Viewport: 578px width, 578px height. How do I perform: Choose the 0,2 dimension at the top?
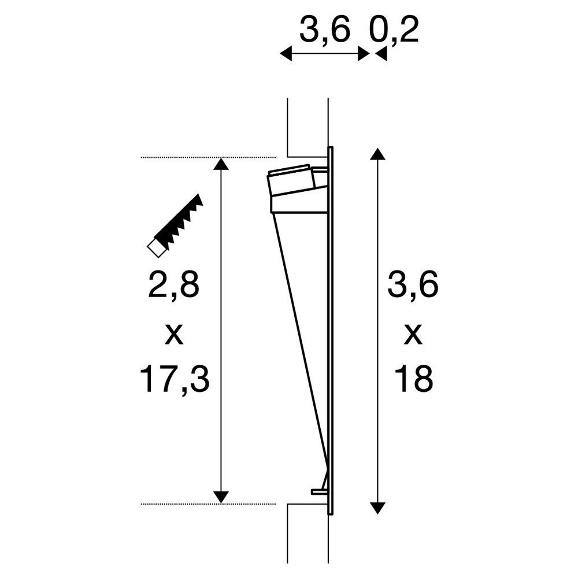pyautogui.click(x=399, y=31)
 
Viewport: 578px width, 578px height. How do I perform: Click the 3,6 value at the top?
pyautogui.click(x=325, y=31)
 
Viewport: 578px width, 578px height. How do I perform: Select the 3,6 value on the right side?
pyautogui.click(x=413, y=286)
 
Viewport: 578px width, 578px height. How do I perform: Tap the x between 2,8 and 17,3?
pyautogui.click(x=174, y=335)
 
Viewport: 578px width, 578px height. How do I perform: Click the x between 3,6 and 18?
pyautogui.click(x=413, y=335)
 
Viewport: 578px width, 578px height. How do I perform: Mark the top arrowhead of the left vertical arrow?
pyautogui.click(x=219, y=164)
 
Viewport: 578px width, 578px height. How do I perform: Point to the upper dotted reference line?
pyautogui.click(x=208, y=157)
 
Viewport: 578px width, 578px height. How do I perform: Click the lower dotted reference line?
pyautogui.click(x=208, y=504)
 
